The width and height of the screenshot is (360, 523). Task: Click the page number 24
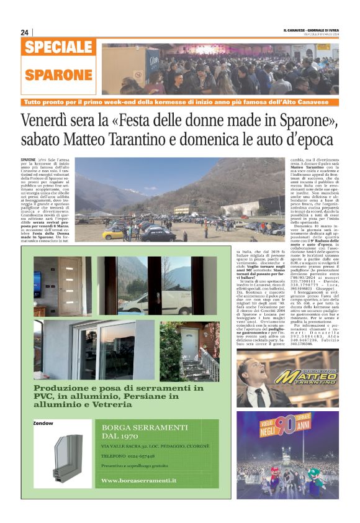(x=25, y=32)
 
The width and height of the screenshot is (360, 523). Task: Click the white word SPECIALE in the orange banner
(x=60, y=48)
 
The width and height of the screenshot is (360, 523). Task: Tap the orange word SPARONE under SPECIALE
(x=58, y=75)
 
